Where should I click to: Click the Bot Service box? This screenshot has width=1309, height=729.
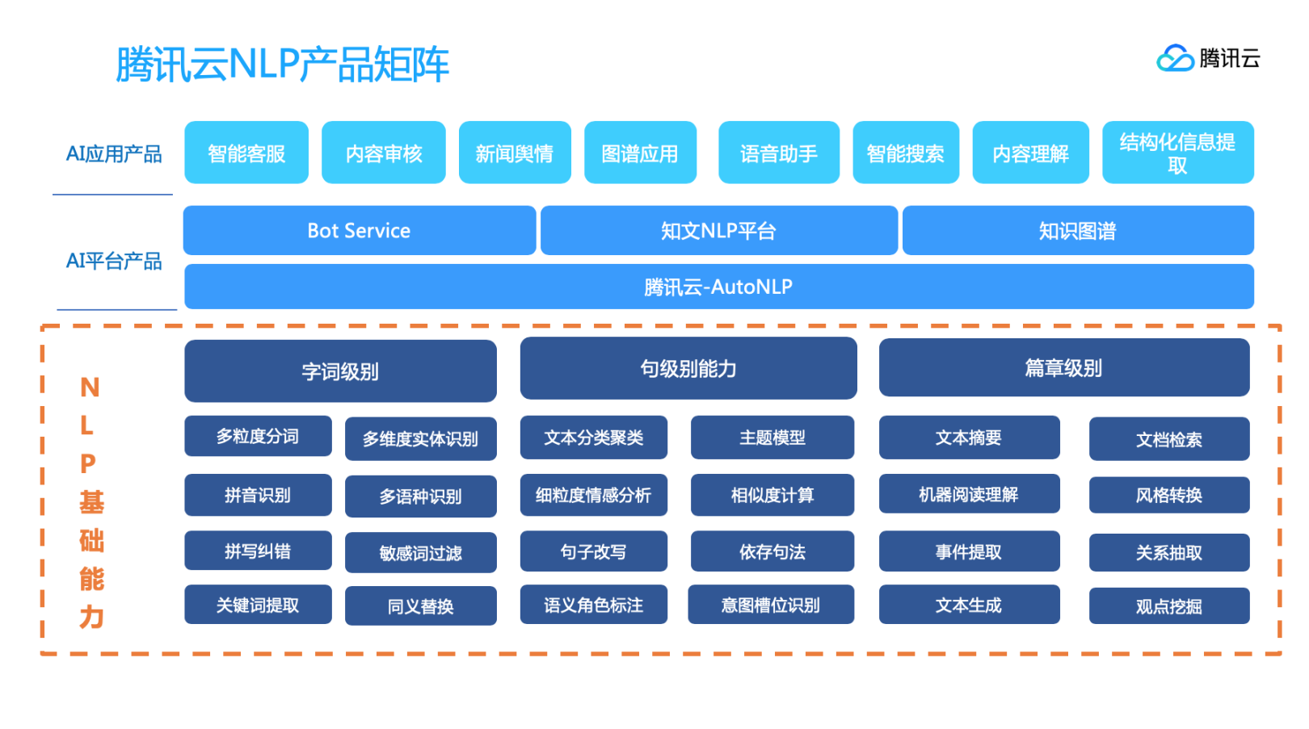[x=359, y=231]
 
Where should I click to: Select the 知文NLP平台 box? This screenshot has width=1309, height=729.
[x=718, y=231]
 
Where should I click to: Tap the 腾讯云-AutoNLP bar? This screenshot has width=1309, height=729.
[x=718, y=287]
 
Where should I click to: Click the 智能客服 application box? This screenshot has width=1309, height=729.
[x=246, y=153]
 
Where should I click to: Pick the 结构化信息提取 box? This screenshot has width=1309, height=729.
[x=1177, y=153]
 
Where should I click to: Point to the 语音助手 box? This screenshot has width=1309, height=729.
[x=778, y=153]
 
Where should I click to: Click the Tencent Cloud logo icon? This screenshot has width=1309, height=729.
[x=1175, y=58]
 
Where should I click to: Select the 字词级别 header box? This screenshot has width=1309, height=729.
[x=340, y=371]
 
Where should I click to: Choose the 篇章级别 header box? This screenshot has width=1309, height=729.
[x=1063, y=368]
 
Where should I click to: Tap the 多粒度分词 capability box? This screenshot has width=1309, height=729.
[x=258, y=437]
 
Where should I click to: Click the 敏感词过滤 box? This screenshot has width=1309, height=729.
[x=420, y=553]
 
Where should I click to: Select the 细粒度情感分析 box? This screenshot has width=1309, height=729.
[x=593, y=495]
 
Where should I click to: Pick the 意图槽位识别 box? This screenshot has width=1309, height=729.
[x=770, y=605]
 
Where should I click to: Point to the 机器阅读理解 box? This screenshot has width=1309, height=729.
[x=968, y=494]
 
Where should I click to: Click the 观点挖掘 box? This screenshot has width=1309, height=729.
[x=1168, y=606]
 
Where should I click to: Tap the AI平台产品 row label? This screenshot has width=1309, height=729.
[x=114, y=261]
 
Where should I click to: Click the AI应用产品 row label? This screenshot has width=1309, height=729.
[x=114, y=153]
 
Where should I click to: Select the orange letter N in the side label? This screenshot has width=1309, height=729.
[x=90, y=388]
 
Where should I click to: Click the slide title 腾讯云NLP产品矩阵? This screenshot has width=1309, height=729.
[x=282, y=65]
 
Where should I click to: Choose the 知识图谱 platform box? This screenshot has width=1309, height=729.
[x=1077, y=231]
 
